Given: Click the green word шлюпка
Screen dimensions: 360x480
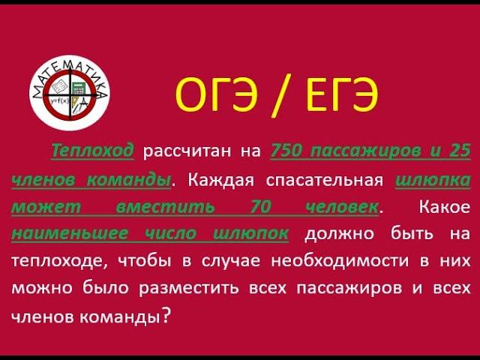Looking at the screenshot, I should pos(433,180).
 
